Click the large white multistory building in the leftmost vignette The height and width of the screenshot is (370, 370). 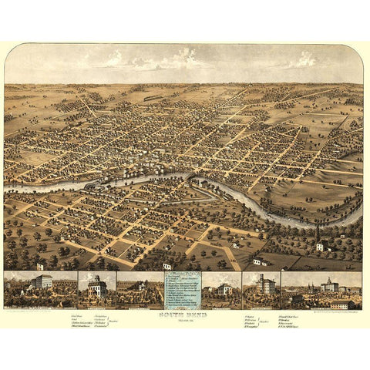point(42,282)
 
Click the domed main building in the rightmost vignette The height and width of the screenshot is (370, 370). point(330,286)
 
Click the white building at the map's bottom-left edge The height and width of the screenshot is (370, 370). point(39,266)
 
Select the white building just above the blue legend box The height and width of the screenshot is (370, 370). point(166,266)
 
